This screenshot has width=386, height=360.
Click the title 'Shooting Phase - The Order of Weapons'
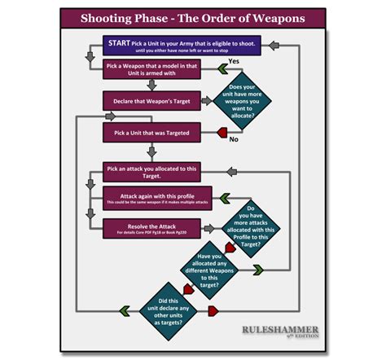coord(193,17)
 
